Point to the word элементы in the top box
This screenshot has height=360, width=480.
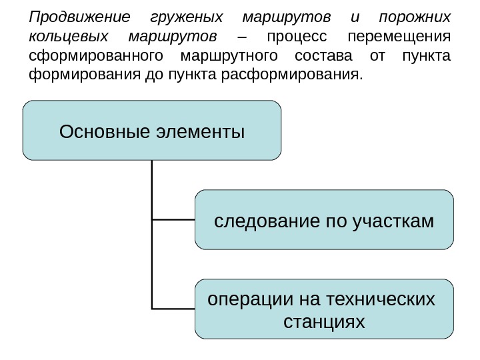pyautogui.click(x=199, y=131)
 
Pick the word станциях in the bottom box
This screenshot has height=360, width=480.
pyautogui.click(x=324, y=322)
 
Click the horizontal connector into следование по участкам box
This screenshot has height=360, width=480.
pyautogui.click(x=173, y=219)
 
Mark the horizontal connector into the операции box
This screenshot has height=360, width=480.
pyautogui.click(x=173, y=309)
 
